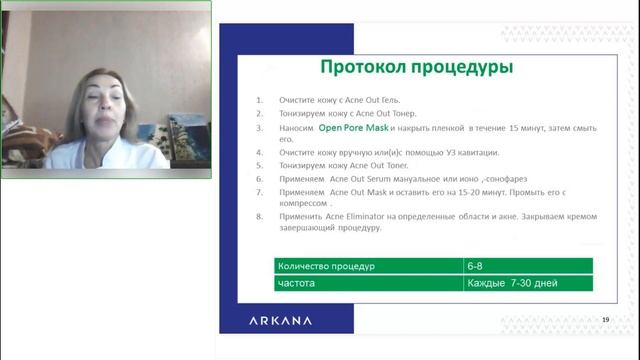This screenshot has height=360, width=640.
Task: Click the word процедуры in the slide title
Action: pos(464,68)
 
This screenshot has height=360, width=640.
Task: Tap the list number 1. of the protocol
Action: pos(259,101)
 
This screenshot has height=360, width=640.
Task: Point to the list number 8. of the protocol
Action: pos(259,216)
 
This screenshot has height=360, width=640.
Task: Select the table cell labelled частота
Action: pos(299,283)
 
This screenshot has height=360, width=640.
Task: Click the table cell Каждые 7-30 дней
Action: pos(511,283)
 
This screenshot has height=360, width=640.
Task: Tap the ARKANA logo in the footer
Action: pos(280,320)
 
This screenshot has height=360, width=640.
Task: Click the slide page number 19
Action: pos(605,319)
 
